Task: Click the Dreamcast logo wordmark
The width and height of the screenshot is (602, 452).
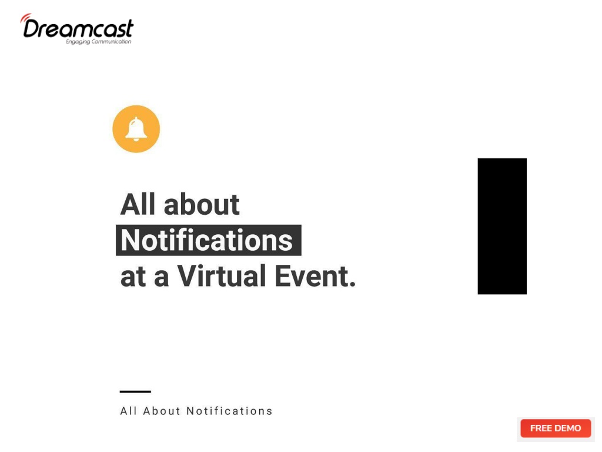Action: pos(78,28)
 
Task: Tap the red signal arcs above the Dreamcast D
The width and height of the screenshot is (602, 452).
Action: pos(25,18)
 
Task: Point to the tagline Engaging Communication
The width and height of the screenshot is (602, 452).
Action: pos(98,42)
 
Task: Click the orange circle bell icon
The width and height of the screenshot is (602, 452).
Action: pos(136,129)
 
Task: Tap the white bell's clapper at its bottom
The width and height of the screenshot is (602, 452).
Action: pos(136,139)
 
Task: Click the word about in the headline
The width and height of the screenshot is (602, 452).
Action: pos(202,204)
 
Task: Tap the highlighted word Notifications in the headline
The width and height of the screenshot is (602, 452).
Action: pos(206,240)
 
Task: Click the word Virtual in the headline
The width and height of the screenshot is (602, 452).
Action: pos(221,275)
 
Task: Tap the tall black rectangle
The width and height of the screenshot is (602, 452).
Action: pos(502,226)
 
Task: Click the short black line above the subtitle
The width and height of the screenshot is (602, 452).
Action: pos(135,391)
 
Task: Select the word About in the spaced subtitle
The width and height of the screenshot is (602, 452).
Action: pos(162,411)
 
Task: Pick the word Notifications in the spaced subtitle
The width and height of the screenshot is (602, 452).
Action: pos(229,411)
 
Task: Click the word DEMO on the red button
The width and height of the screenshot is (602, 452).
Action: pos(568,428)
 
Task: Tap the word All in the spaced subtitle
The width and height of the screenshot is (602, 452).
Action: pos(129,411)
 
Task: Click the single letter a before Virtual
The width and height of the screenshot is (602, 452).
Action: pos(161,278)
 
